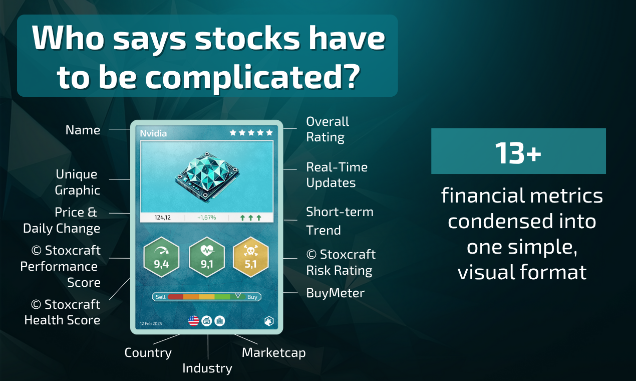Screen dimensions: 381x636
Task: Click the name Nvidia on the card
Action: click(154, 133)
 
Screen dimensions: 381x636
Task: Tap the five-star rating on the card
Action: click(251, 133)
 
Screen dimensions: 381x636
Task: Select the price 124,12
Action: click(162, 218)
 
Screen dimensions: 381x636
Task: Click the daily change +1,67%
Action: click(206, 218)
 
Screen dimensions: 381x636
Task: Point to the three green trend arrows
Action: click(251, 218)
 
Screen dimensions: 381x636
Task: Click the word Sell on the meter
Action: click(161, 297)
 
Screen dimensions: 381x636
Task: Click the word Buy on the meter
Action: click(252, 297)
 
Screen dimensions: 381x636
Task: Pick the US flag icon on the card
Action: click(194, 321)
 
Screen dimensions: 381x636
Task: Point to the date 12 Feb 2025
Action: click(152, 323)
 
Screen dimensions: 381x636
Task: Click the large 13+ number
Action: click(518, 152)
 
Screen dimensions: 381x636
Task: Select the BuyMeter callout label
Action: click(336, 293)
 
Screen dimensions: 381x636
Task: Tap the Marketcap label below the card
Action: click(273, 352)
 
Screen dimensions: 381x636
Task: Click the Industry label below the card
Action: click(207, 368)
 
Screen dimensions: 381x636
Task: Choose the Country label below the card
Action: click(148, 352)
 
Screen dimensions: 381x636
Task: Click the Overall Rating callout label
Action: click(328, 129)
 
